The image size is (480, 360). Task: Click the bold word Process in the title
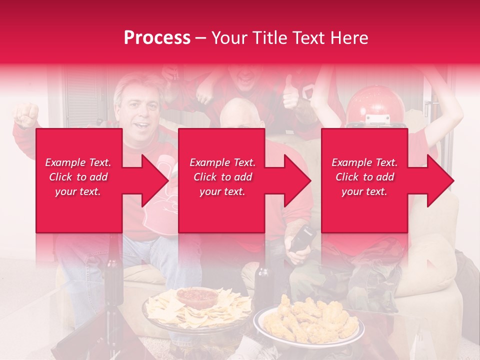point(157,38)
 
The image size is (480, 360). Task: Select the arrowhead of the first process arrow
point(154,180)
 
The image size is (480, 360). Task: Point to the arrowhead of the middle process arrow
point(297,180)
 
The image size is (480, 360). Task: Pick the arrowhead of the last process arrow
point(440,180)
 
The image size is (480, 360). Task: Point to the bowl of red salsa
point(197,297)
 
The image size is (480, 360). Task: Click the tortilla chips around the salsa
point(165,307)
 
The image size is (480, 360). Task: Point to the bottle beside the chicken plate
point(262,287)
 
